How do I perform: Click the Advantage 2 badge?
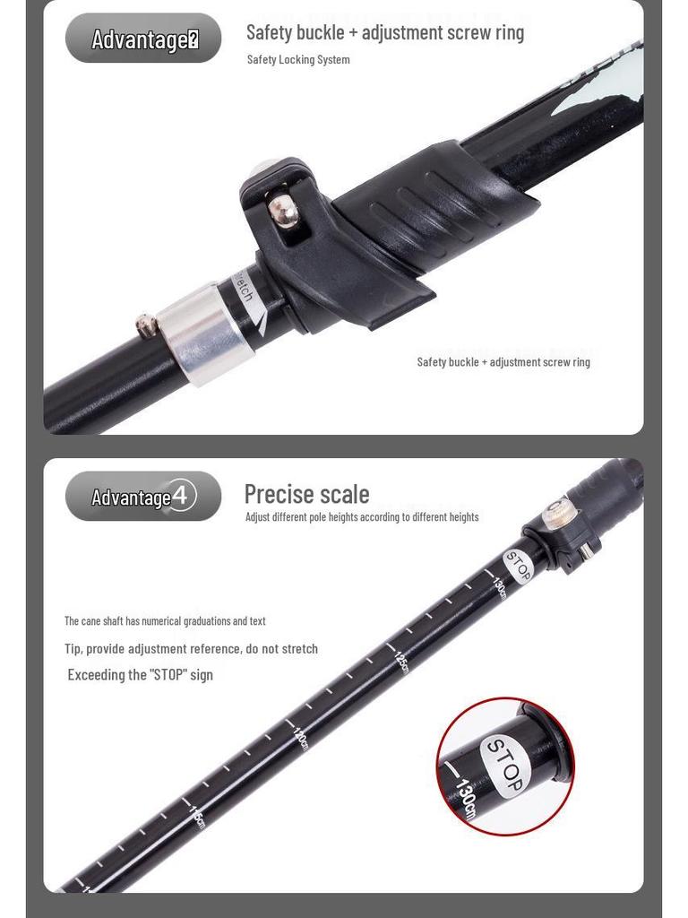click(143, 39)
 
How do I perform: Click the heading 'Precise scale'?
click(306, 494)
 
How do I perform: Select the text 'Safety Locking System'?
click(298, 59)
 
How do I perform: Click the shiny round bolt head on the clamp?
click(284, 211)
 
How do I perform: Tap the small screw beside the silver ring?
click(146, 325)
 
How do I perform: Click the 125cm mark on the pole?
click(400, 663)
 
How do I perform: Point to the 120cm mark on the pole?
click(300, 739)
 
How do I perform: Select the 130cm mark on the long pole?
click(499, 588)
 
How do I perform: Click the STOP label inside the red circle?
click(503, 764)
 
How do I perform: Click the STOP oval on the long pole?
click(519, 566)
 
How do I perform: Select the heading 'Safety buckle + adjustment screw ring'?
click(385, 32)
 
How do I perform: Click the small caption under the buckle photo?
click(503, 362)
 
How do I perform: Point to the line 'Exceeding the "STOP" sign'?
click(141, 675)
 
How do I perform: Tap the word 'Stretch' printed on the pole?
click(244, 290)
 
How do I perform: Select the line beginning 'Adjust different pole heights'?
click(362, 517)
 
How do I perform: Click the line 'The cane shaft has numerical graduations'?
click(165, 620)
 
